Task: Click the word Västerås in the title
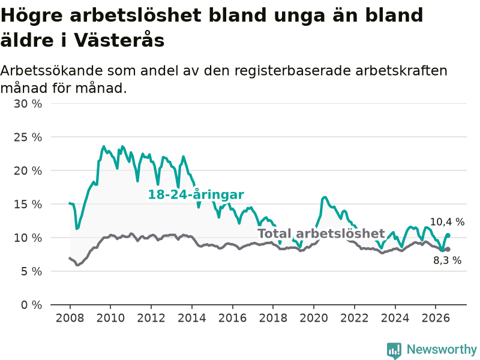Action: tap(119, 40)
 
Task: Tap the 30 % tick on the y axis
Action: tap(28, 104)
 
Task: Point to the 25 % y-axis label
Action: tap(28, 137)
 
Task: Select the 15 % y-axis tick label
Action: tap(28, 204)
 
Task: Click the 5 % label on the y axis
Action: tap(32, 271)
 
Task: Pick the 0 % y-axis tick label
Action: tap(32, 305)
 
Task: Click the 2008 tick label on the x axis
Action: tap(70, 318)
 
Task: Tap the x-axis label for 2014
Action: tap(192, 318)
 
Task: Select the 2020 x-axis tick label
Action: tap(314, 318)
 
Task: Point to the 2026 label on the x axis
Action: tap(436, 318)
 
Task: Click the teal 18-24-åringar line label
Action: tap(196, 194)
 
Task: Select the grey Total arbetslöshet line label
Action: tap(322, 233)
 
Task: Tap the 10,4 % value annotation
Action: tap(447, 222)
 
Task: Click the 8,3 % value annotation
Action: tap(447, 260)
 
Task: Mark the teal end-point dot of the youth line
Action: tap(448, 235)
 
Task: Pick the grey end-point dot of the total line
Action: tap(448, 249)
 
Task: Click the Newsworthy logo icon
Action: tap(394, 350)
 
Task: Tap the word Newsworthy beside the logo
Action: tap(442, 349)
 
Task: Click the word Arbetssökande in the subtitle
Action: tap(52, 71)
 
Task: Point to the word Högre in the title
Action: tap(32, 16)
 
